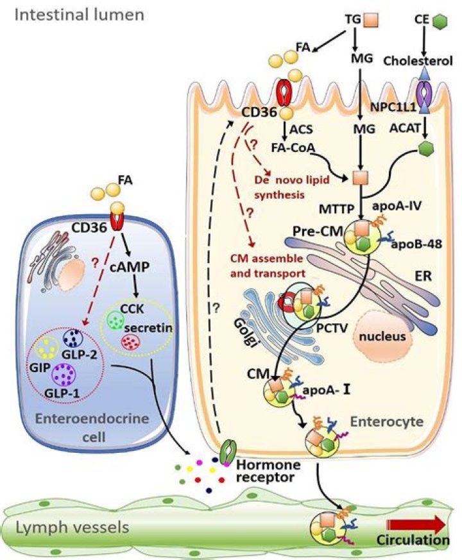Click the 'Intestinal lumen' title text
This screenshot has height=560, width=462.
point(80,14)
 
